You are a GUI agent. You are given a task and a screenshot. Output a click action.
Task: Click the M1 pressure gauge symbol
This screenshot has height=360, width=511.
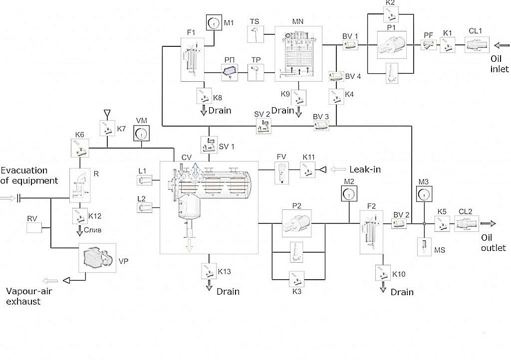click(214, 23)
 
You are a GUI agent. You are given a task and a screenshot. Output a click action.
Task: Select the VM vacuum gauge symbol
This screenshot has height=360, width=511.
click(141, 133)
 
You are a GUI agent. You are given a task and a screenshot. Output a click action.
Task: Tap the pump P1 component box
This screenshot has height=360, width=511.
click(392, 45)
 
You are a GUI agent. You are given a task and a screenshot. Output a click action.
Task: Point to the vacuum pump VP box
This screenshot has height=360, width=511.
click(97, 258)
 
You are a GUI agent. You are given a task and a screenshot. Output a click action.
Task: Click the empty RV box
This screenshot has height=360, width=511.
click(34, 228)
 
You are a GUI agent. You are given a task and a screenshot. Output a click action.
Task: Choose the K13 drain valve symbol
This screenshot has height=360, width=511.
click(209, 271)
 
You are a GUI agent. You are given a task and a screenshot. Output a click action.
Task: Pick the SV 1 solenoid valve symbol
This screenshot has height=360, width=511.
click(209, 145)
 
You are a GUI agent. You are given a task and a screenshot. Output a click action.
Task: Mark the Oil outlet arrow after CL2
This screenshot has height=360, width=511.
click(488, 223)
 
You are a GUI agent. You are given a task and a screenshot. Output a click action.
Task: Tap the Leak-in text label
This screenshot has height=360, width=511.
click(365, 169)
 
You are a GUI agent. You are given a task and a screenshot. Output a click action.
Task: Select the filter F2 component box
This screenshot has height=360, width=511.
click(371, 232)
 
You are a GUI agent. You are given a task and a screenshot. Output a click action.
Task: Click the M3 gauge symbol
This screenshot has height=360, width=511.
click(424, 194)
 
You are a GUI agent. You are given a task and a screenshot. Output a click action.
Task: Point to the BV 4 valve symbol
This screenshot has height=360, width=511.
click(336, 76)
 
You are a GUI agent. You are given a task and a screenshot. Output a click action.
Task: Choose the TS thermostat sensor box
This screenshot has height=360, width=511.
click(255, 34)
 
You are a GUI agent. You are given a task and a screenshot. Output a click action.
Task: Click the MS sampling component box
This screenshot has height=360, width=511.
click(425, 246)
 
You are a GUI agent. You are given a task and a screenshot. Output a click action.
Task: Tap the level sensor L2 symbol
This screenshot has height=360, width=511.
click(144, 207)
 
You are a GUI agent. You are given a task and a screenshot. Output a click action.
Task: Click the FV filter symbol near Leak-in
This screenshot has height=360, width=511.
click(281, 173)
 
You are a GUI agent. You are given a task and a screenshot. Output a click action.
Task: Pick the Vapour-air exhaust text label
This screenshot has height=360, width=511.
click(28, 296)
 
